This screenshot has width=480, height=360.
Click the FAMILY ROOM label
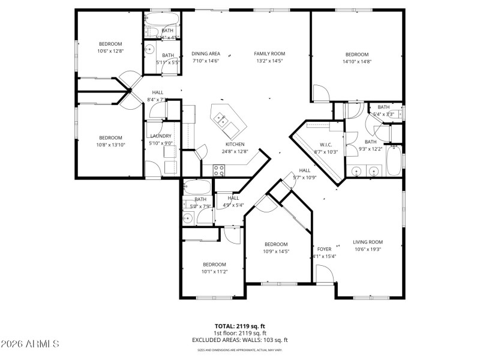[269, 53]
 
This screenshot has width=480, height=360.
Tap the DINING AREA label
[206, 53]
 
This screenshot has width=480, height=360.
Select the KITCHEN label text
[235, 145]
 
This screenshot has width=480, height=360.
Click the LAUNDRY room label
[160, 136]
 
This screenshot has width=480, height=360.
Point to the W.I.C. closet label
[326, 145]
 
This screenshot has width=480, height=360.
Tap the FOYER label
[324, 249]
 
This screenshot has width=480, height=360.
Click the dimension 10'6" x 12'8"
[110, 51]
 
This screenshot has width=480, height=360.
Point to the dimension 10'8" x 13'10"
[110, 145]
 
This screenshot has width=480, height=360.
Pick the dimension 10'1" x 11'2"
[214, 272]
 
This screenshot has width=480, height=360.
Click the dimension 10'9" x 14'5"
[276, 251]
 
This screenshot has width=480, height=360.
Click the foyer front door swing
[324, 275]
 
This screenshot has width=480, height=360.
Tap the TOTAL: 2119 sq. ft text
[239, 326]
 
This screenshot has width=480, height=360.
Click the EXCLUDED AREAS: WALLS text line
[239, 340]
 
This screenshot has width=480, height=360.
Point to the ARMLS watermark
[30, 344]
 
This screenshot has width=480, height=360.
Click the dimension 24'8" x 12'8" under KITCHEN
[235, 152]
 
